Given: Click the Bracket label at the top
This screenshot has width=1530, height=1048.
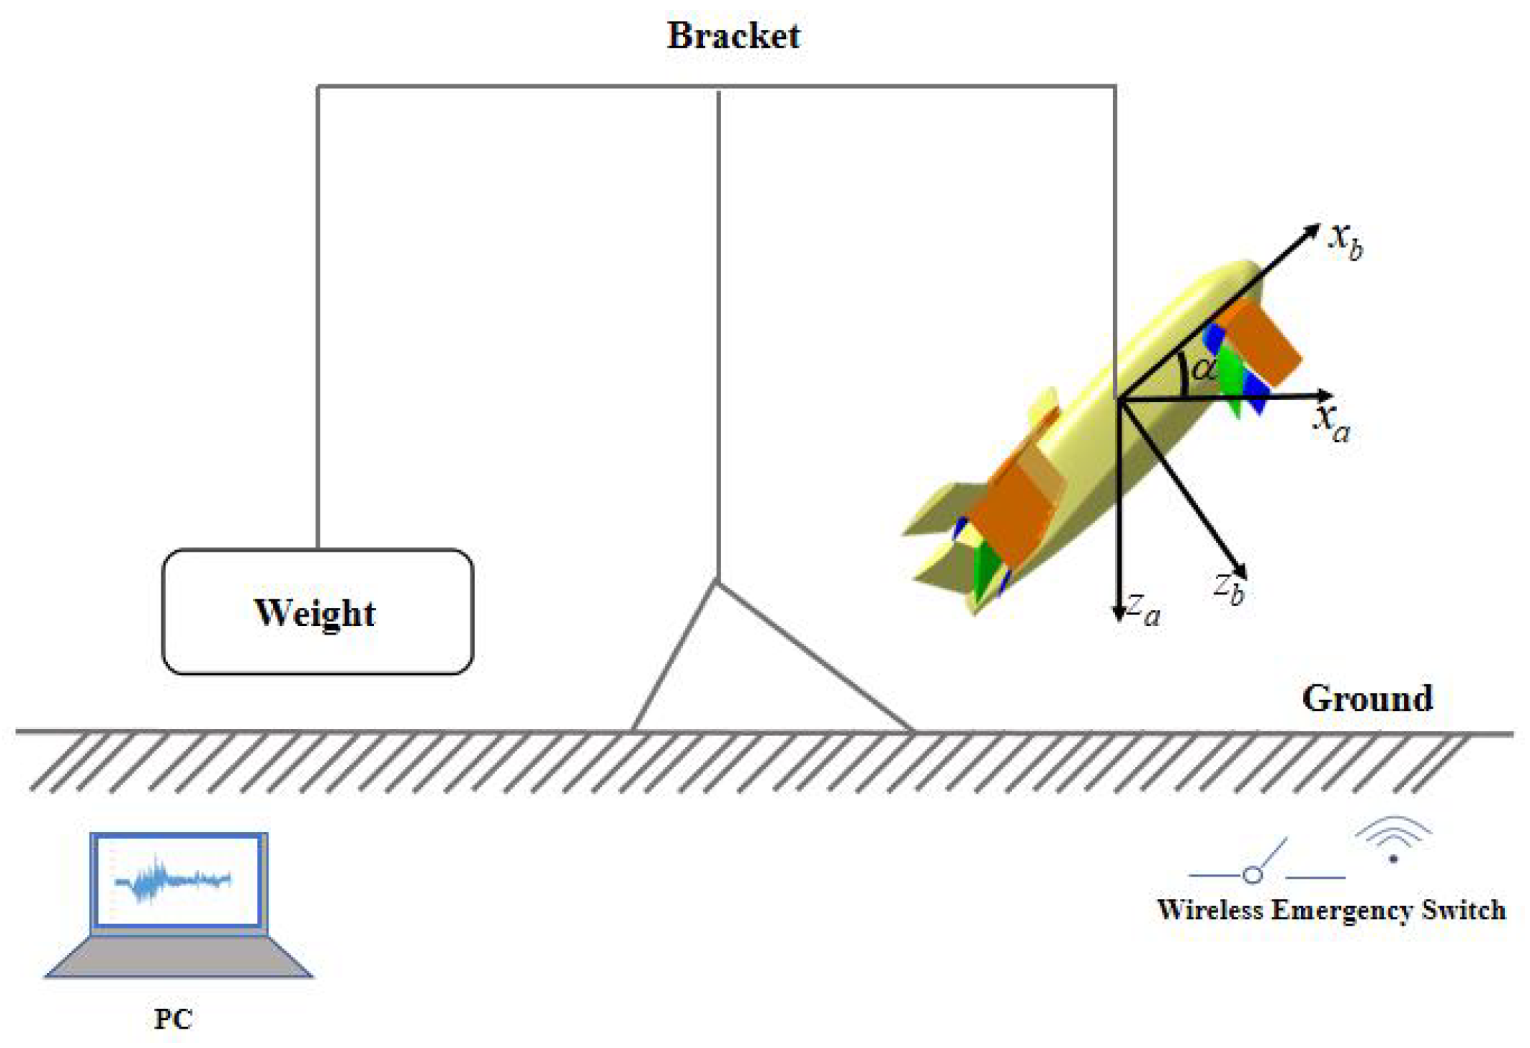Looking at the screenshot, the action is coord(733,36).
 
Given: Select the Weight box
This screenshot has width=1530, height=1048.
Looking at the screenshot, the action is coord(317,612).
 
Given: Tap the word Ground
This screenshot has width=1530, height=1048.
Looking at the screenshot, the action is coord(1366,698).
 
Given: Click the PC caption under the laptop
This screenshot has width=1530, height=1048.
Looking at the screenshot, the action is coord(173,1019).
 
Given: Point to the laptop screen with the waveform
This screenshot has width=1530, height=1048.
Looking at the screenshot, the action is coord(177,880).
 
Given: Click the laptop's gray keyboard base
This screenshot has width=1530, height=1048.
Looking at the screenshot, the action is coord(178,957).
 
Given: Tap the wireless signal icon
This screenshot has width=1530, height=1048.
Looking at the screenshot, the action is coord(1393,840).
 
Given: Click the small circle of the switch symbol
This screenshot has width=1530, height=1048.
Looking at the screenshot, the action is coord(1253,875).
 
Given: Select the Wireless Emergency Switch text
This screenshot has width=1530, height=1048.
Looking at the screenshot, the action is coord(1330,910).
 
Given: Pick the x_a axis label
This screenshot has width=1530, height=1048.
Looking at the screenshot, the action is coord(1332,423).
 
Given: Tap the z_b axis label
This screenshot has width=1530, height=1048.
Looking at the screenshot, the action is coord(1229,588).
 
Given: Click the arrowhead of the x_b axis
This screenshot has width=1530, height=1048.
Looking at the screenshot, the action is coord(1312,230).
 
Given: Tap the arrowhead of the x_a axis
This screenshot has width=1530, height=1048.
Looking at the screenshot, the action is coord(1324,395).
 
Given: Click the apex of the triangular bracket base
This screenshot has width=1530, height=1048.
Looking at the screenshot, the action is coord(717,582).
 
